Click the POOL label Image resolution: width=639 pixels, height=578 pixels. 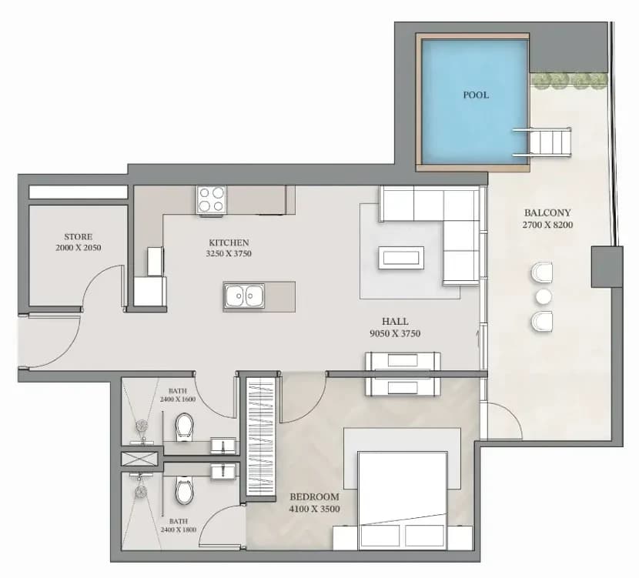tap(476, 95)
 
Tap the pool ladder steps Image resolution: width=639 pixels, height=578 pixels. tap(542, 142)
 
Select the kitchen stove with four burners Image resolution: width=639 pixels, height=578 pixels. tap(211, 199)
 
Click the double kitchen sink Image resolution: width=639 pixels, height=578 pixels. tap(244, 296)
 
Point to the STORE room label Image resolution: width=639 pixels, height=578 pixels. tap(79, 236)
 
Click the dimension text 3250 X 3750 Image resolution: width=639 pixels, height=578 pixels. tap(229, 253)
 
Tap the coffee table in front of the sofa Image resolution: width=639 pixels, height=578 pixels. tap(401, 257)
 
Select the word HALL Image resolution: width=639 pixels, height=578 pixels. tap(395, 322)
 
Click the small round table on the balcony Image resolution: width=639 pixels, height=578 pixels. tap(544, 297)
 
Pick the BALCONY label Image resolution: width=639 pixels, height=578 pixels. tap(547, 212)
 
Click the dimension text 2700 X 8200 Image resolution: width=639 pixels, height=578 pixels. tap(547, 225)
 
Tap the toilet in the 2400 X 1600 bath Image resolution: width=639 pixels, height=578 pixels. tap(184, 427)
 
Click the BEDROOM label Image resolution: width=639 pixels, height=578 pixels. tap(314, 497)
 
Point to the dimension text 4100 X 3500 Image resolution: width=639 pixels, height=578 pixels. tap(314, 509)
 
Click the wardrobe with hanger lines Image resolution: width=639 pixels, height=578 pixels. tap(261, 436)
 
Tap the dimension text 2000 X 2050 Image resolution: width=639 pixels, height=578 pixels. tap(79, 247)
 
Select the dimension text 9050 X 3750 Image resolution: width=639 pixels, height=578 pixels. tap(395, 333)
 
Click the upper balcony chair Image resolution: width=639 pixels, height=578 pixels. tap(542, 272)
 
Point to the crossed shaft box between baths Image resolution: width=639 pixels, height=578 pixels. tap(139, 458)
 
